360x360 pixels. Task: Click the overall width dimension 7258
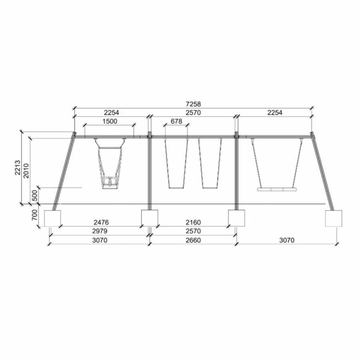pos(193,104)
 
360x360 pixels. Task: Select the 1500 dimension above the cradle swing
pos(110,121)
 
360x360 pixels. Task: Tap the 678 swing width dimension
pos(176,121)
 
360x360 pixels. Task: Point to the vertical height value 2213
pos(18,168)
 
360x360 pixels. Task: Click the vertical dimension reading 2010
pos(26,171)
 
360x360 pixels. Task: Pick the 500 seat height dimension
pos(34,195)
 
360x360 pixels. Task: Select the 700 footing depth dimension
pos(34,215)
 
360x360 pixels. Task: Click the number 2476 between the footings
pos(101,222)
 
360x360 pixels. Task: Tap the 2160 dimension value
pos(193,222)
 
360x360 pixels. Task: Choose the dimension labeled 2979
pos(100,231)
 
